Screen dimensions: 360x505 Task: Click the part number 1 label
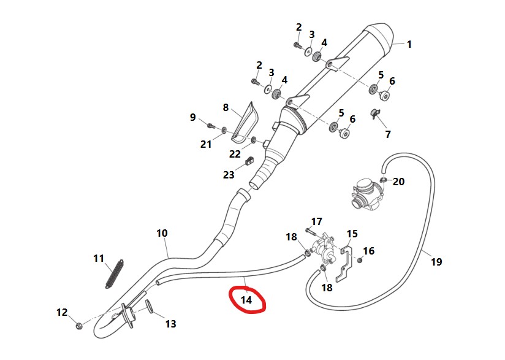click(x=409, y=44)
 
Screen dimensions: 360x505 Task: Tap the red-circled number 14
click(x=246, y=300)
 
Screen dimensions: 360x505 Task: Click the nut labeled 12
click(x=79, y=324)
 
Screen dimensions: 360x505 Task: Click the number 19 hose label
click(x=436, y=262)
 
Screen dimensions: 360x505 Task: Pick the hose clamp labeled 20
click(x=382, y=180)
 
